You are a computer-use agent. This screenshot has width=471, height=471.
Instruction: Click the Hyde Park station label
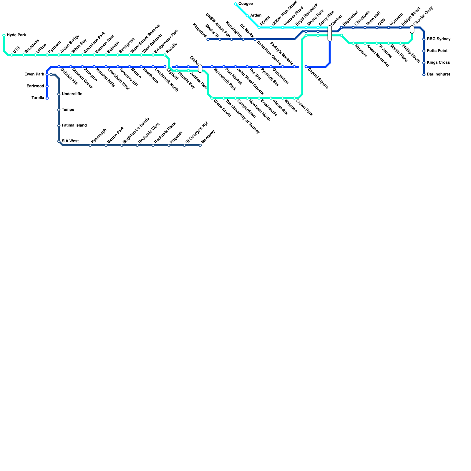click(16, 35)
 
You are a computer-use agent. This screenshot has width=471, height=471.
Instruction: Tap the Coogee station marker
click(235, 4)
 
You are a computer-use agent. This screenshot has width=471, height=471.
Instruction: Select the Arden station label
click(256, 16)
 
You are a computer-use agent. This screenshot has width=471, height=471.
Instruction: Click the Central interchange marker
click(330, 33)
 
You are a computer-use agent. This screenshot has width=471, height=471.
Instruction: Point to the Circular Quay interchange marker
click(412, 29)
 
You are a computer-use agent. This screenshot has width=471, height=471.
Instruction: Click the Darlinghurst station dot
click(424, 75)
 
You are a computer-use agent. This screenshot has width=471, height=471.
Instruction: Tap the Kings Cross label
click(438, 63)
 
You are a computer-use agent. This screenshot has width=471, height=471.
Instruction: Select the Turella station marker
click(47, 98)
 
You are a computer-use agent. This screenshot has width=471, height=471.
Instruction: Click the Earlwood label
click(35, 86)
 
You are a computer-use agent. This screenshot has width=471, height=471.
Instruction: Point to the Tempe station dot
click(59, 110)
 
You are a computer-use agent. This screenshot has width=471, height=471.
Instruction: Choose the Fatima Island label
click(74, 125)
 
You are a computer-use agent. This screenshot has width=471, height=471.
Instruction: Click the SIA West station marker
click(59, 142)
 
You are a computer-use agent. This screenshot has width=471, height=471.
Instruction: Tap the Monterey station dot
click(200, 145)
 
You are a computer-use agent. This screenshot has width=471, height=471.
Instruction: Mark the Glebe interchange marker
click(200, 69)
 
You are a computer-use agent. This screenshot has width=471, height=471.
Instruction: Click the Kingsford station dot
click(208, 39)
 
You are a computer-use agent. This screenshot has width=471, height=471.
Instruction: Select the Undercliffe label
click(72, 94)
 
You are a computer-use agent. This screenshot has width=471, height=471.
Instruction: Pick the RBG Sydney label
click(439, 39)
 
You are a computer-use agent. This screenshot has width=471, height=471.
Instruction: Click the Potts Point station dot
click(424, 51)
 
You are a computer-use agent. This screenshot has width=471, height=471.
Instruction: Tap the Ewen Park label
click(34, 74)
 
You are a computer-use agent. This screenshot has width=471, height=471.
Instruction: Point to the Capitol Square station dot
click(306, 67)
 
